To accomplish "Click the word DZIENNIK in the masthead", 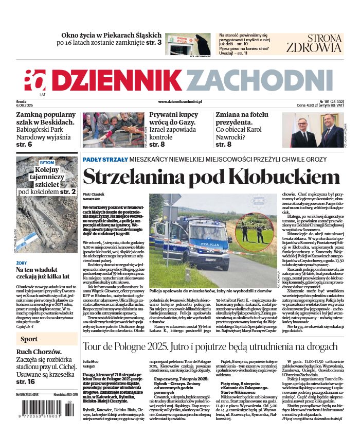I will (x=117, y=80).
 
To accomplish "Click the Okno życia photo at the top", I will (x=187, y=44).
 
